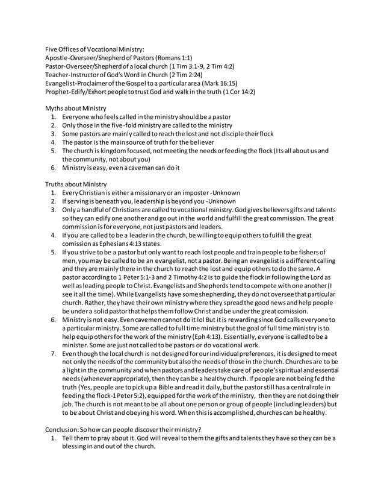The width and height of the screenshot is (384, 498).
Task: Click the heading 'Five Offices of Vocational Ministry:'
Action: pos(95,49)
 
